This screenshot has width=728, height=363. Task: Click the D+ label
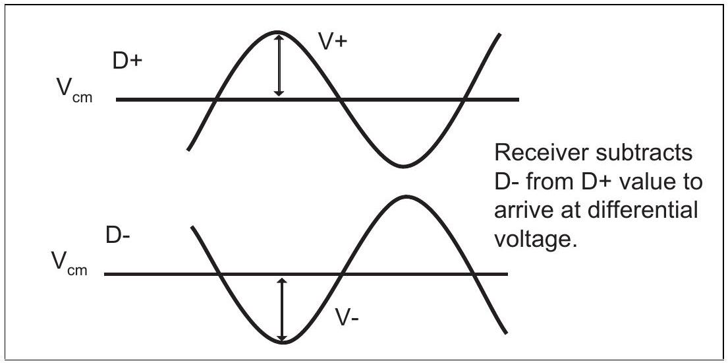point(127,61)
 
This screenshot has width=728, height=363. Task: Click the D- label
point(118,236)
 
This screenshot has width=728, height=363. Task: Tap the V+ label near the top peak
point(333,41)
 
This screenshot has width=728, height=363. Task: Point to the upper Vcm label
point(72,90)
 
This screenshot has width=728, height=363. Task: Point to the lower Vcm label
point(70,265)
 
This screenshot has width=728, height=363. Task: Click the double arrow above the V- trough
point(281,310)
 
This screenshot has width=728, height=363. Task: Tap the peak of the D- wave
point(406,197)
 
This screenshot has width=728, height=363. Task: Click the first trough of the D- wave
point(282,343)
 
